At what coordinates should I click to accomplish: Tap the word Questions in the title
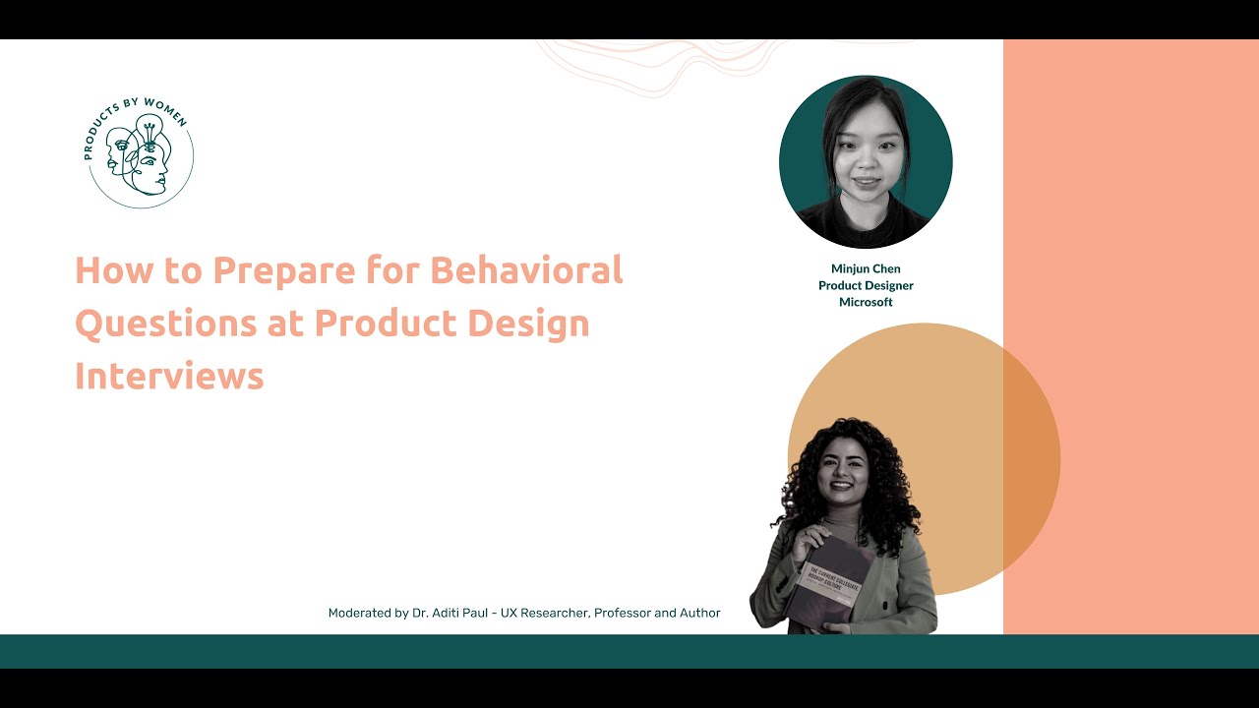coord(164,324)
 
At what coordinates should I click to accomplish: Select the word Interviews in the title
coord(169,377)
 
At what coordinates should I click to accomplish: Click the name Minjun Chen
coord(866,268)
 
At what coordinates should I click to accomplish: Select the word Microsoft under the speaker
coord(866,302)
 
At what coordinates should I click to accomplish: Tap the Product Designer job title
coord(866,285)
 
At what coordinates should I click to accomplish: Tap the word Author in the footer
coord(698,613)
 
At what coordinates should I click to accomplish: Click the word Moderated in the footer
coord(360,613)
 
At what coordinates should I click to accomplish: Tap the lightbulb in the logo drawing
coord(149,128)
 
